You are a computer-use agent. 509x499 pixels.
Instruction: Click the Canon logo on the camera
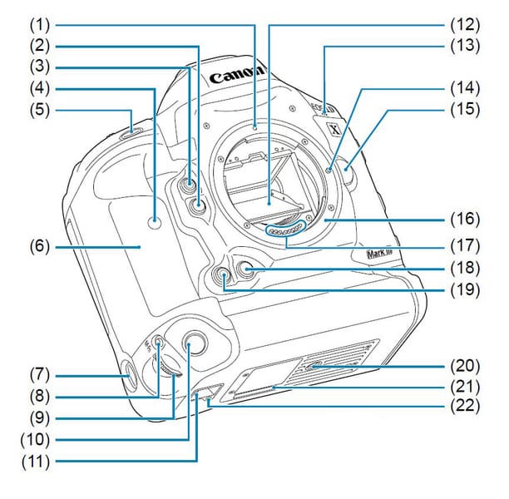(x=237, y=77)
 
